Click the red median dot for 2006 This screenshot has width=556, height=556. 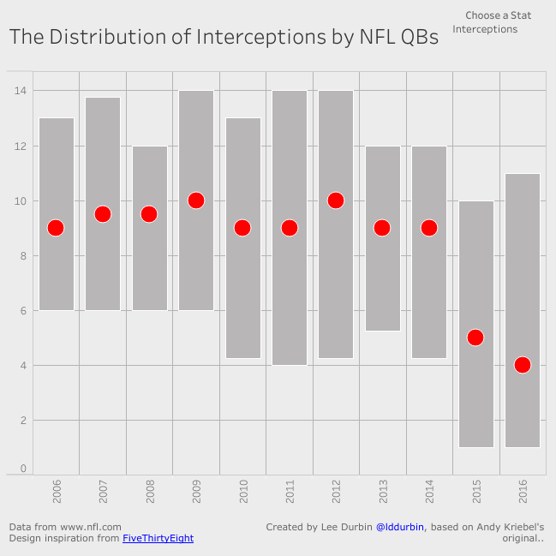pyautogui.click(x=56, y=228)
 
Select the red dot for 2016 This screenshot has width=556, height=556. pyautogui.click(x=523, y=365)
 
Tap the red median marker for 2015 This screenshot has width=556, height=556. pyautogui.click(x=475, y=338)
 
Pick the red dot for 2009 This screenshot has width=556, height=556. pyautogui.click(x=196, y=200)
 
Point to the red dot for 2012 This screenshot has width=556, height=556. pyautogui.click(x=336, y=200)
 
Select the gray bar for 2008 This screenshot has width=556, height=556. pyautogui.click(x=149, y=266)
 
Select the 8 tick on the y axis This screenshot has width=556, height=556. pyautogui.click(x=23, y=255)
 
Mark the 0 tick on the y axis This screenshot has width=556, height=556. pyautogui.click(x=23, y=469)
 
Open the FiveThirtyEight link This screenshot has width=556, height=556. pyautogui.click(x=158, y=539)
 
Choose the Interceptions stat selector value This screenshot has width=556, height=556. pyautogui.click(x=485, y=29)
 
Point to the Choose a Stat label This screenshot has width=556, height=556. pyautogui.click(x=499, y=15)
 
